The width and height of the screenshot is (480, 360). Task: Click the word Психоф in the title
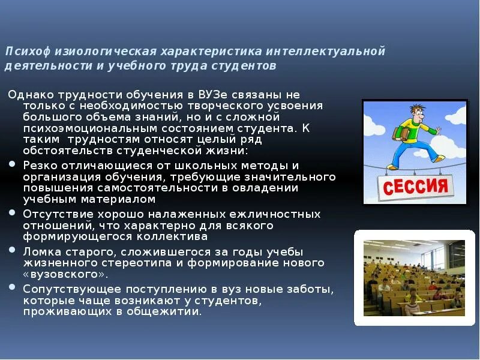tap(23, 52)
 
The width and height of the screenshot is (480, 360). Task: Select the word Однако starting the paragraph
tap(29, 95)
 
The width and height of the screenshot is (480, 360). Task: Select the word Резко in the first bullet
tap(38, 165)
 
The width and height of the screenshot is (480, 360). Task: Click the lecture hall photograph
tap(413, 277)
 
